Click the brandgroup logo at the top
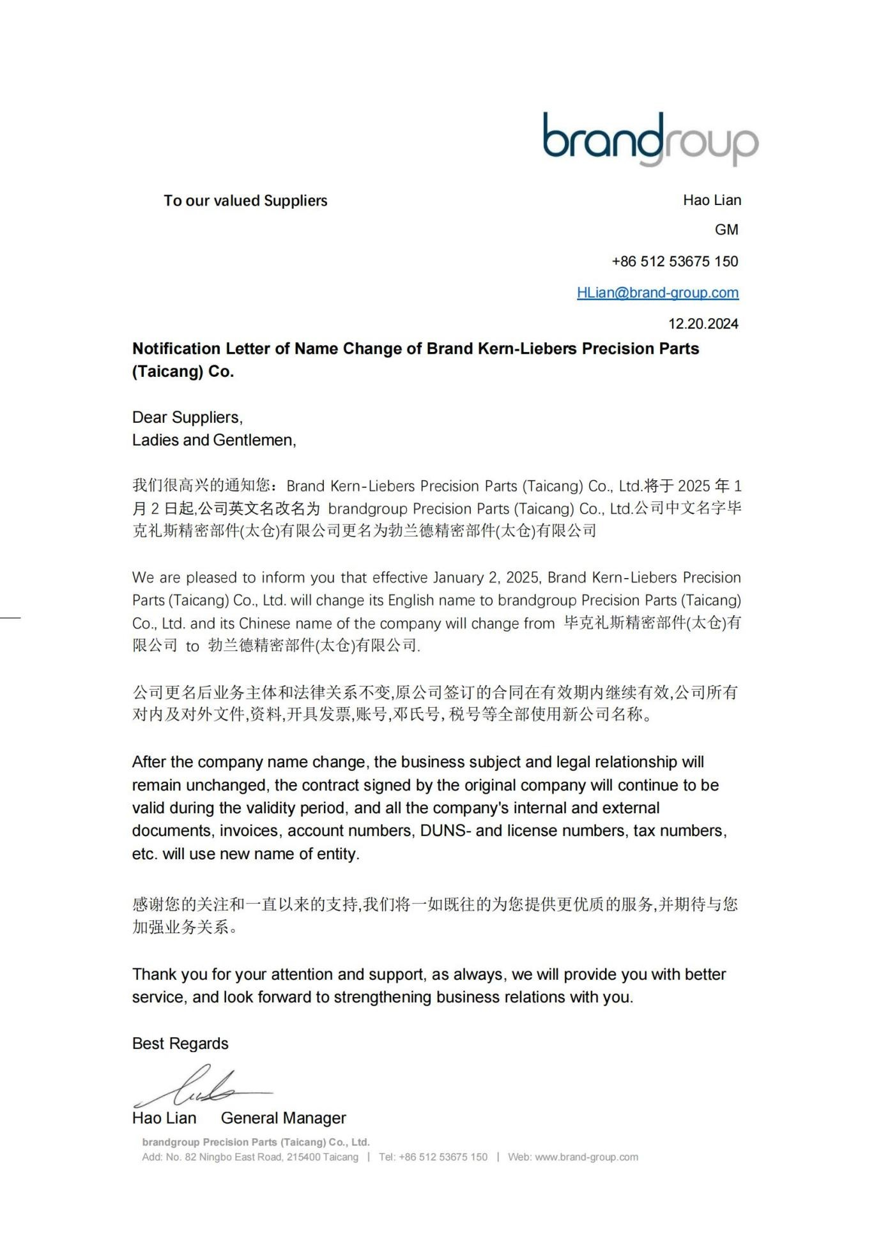pos(650,139)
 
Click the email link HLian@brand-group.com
pos(657,293)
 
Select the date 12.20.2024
pos(703,324)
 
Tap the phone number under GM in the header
pos(675,261)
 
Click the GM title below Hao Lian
pos(726,230)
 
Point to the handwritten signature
pos(201,1088)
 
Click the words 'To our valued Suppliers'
pos(245,201)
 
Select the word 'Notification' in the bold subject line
pos(176,349)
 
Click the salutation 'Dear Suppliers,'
pos(187,418)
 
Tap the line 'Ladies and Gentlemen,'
pos(214,440)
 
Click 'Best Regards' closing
pos(180,1044)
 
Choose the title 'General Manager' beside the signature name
pos(283,1118)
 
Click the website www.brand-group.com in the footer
pos(586,1157)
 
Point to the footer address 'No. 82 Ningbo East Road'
pos(224,1157)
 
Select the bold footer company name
pos(256,1142)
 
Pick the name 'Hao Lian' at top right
pos(712,201)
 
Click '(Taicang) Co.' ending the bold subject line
pos(183,372)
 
